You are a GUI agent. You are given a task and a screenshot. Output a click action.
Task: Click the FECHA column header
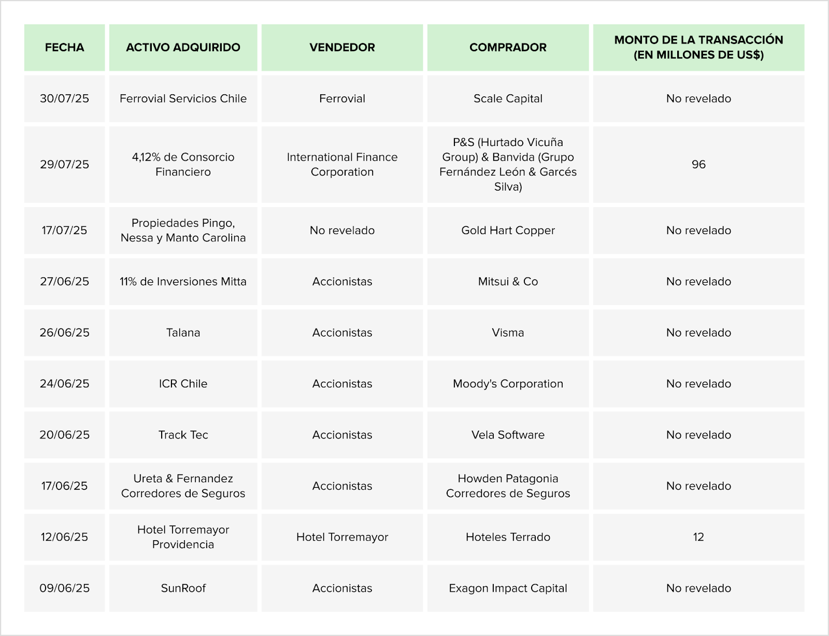[64, 48]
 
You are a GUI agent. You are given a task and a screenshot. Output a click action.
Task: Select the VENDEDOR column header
[342, 48]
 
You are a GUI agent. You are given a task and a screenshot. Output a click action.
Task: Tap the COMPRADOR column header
[508, 48]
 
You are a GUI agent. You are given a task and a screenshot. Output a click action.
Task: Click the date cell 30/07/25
[64, 98]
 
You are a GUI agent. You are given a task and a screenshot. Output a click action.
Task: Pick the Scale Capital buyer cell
[508, 98]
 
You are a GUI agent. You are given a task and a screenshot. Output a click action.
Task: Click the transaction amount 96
[698, 164]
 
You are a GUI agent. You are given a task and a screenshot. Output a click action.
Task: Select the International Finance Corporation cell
[342, 164]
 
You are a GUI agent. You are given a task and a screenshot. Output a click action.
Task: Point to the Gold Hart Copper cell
[508, 230]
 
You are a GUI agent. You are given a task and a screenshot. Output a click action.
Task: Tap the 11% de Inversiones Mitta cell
[183, 281]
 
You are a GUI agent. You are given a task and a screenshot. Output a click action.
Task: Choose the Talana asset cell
[183, 333]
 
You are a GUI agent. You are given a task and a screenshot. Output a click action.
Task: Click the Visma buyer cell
[508, 333]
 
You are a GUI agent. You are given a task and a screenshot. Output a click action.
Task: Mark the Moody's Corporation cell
[508, 384]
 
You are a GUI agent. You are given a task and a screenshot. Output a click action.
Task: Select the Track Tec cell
[183, 435]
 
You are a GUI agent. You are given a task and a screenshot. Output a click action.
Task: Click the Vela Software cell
[508, 435]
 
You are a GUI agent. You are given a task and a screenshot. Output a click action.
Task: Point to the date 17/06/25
[64, 486]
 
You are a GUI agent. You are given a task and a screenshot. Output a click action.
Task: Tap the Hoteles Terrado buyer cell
[508, 537]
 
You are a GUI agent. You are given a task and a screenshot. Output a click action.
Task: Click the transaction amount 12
[698, 537]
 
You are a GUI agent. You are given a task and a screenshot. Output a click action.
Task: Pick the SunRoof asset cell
[183, 588]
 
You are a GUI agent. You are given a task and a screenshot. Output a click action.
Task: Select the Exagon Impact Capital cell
[508, 588]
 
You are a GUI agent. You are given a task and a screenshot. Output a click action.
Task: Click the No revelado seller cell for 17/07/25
[342, 230]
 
